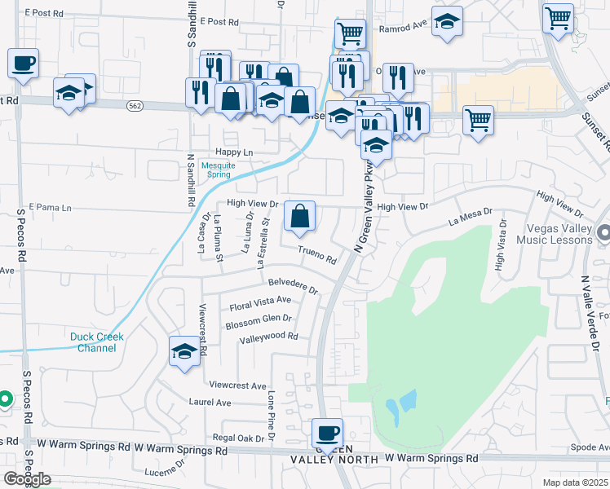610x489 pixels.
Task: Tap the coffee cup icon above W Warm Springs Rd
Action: tap(328, 433)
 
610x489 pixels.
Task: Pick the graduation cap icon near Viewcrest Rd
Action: tap(184, 352)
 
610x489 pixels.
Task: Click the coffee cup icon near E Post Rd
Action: tap(24, 63)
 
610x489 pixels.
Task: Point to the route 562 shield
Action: tap(136, 105)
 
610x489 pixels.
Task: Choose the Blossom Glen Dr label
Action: tap(259, 319)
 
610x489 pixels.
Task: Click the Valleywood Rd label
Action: tap(269, 337)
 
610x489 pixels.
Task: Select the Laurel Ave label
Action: tap(210, 403)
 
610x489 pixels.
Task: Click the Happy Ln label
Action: tap(234, 152)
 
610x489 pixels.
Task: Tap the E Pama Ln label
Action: tap(50, 208)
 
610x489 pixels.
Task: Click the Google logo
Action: tap(26, 479)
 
